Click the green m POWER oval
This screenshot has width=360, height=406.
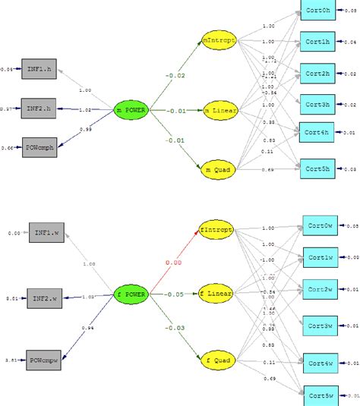tap(130, 110)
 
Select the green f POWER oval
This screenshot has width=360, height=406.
tap(130, 293)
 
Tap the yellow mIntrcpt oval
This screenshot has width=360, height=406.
tap(219, 39)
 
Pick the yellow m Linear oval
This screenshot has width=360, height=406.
tap(219, 112)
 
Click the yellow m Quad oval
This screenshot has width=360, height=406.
tap(219, 169)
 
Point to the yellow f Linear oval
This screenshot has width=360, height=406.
tap(216, 293)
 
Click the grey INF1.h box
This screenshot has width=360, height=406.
tap(38, 68)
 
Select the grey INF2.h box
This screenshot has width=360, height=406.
tap(38, 108)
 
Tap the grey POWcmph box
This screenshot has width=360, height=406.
tap(38, 146)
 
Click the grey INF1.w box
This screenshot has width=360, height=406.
tap(46, 233)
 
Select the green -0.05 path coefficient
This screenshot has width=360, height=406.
tap(175, 294)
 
